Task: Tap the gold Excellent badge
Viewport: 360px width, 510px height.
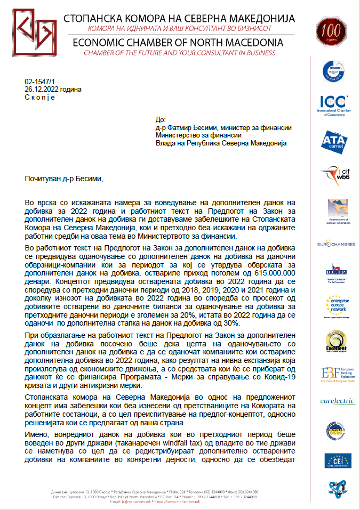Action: pyautogui.click(x=333, y=343)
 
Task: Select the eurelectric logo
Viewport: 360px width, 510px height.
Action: pyautogui.click(x=333, y=401)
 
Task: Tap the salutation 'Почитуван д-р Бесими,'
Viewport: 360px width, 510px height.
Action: pyautogui.click(x=63, y=179)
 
